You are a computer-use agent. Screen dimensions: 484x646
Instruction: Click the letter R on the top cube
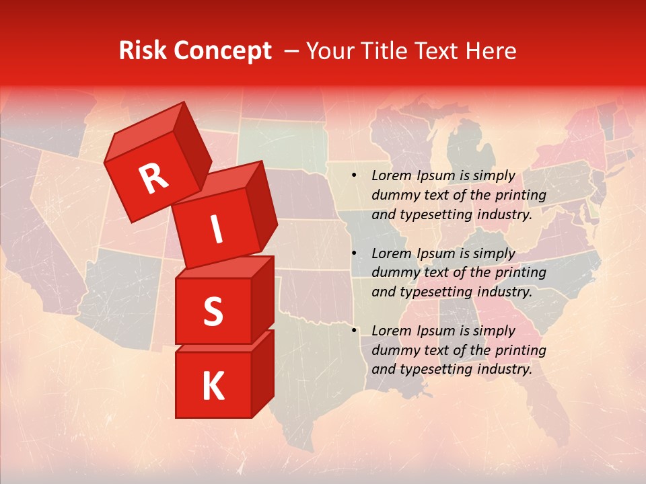point(154,179)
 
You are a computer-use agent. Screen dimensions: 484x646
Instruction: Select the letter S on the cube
point(213,311)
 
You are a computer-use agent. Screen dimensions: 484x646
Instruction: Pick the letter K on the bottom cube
point(213,387)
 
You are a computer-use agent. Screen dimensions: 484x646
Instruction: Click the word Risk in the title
point(143,51)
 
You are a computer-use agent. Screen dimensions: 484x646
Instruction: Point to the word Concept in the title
point(222,51)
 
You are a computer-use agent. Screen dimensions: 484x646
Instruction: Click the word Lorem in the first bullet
point(391,176)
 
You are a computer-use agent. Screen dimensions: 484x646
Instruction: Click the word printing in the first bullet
point(520,196)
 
